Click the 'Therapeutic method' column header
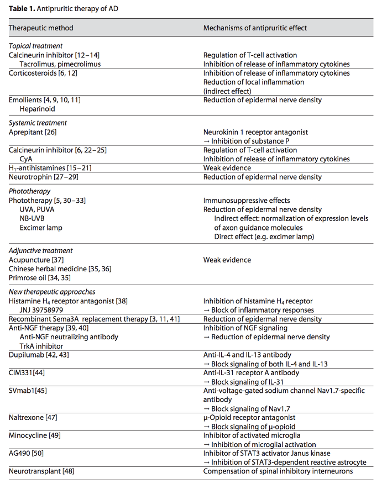click(x=41, y=28)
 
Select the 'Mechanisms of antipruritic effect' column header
click(x=255, y=28)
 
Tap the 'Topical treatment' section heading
click(x=36, y=46)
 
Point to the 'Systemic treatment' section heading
click(x=38, y=123)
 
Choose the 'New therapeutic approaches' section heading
click(x=52, y=292)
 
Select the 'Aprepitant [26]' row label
click(x=33, y=132)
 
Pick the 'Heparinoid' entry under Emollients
click(x=37, y=109)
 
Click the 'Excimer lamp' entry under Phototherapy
click(x=41, y=227)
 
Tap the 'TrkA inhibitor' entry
click(x=41, y=346)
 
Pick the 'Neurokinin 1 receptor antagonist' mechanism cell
click(x=255, y=132)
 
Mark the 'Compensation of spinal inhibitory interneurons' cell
click(x=278, y=471)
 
